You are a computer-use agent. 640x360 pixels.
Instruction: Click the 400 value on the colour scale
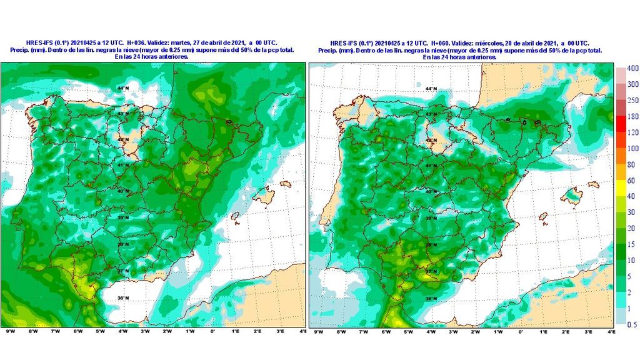[x=632, y=68]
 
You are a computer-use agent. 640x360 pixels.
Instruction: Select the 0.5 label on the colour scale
[x=632, y=324]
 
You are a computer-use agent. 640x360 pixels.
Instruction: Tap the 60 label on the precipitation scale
[x=632, y=181]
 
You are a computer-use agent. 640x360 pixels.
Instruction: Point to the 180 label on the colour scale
[x=632, y=116]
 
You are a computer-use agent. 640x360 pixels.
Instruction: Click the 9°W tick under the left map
[x=10, y=331]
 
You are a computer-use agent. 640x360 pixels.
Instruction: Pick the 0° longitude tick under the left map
[x=212, y=331]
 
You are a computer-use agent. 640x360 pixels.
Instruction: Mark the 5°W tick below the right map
[x=408, y=331]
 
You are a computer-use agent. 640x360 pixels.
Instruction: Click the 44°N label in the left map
[x=124, y=88]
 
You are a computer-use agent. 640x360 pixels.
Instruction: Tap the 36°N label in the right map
[x=431, y=299]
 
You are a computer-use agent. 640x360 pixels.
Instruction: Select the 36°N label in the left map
[x=124, y=298]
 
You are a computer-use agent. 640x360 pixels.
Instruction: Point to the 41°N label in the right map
[x=431, y=166]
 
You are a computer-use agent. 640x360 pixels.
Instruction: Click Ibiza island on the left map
[x=236, y=216]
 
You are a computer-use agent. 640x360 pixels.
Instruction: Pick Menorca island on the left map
[x=286, y=184]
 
